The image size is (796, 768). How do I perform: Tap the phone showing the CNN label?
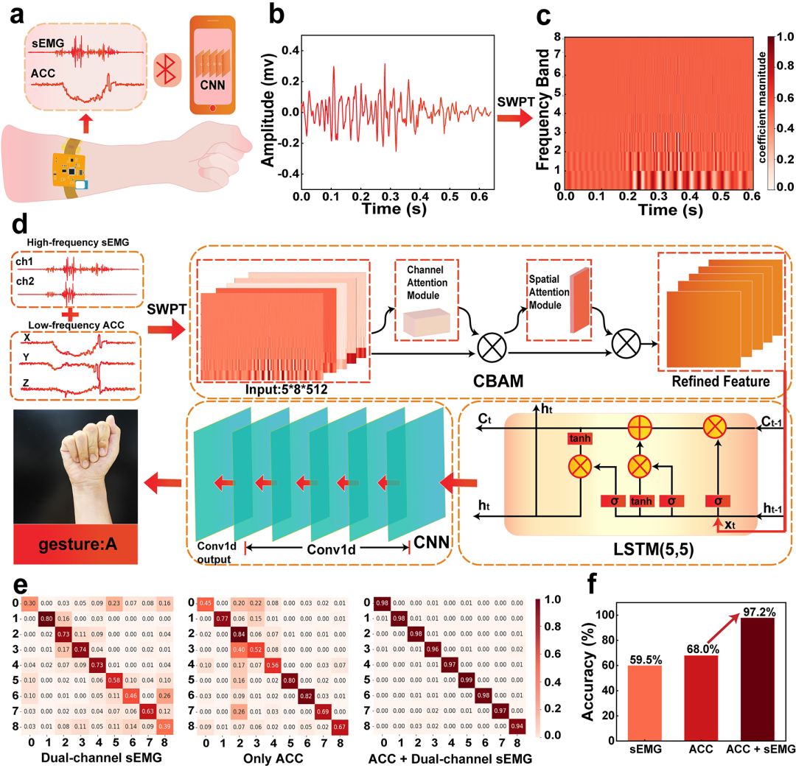(x=212, y=65)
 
